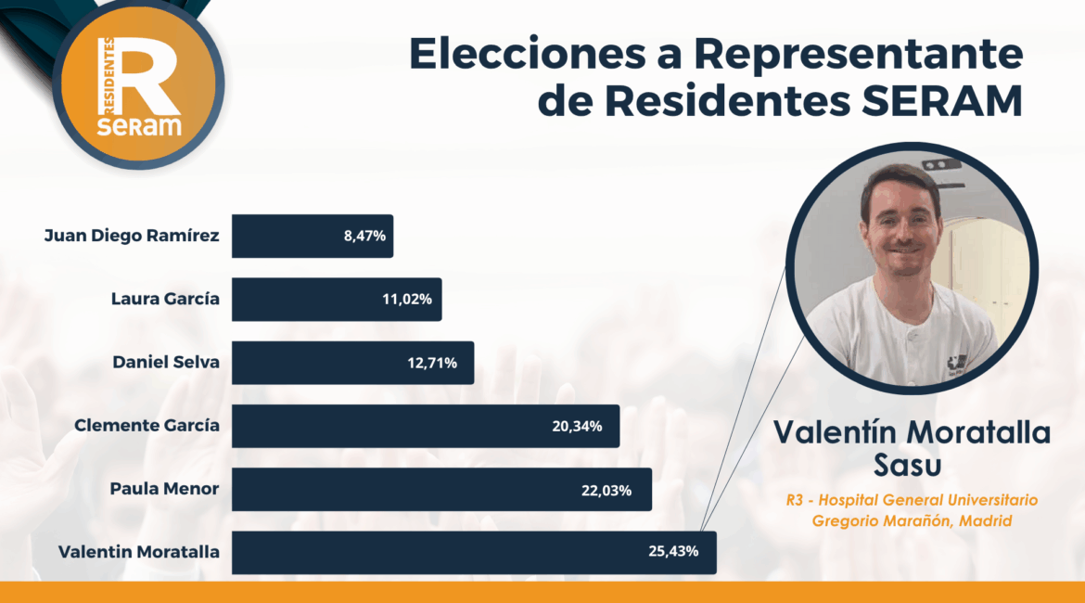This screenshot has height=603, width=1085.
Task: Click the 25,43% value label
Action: click(673, 553)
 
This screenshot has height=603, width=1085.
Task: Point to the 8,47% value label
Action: click(364, 237)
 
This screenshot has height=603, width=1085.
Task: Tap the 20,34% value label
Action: click(577, 426)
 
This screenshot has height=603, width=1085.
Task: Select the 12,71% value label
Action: click(432, 363)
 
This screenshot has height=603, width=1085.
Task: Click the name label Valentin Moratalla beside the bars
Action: click(139, 553)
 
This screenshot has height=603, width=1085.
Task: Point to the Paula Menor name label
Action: click(165, 489)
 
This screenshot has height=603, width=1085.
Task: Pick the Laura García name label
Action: click(165, 300)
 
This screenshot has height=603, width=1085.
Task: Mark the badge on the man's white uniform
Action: click(956, 363)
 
